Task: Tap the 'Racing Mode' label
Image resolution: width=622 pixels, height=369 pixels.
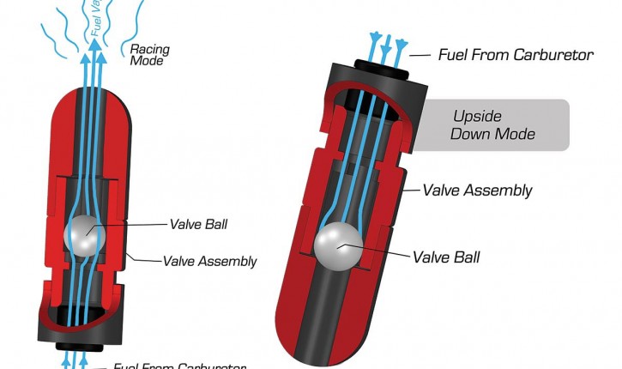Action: [x=148, y=55]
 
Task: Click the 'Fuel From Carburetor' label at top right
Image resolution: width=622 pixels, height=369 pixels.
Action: [x=515, y=55]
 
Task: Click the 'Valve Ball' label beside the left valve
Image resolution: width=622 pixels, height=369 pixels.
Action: [x=201, y=225]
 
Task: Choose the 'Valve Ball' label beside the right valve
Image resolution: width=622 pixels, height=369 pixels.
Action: [x=445, y=257]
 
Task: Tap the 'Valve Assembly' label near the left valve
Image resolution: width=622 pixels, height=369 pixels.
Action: [x=209, y=261]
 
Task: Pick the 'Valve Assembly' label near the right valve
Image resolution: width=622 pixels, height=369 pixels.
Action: [x=478, y=191]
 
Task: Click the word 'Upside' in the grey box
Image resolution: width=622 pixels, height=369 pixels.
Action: [x=478, y=116]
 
